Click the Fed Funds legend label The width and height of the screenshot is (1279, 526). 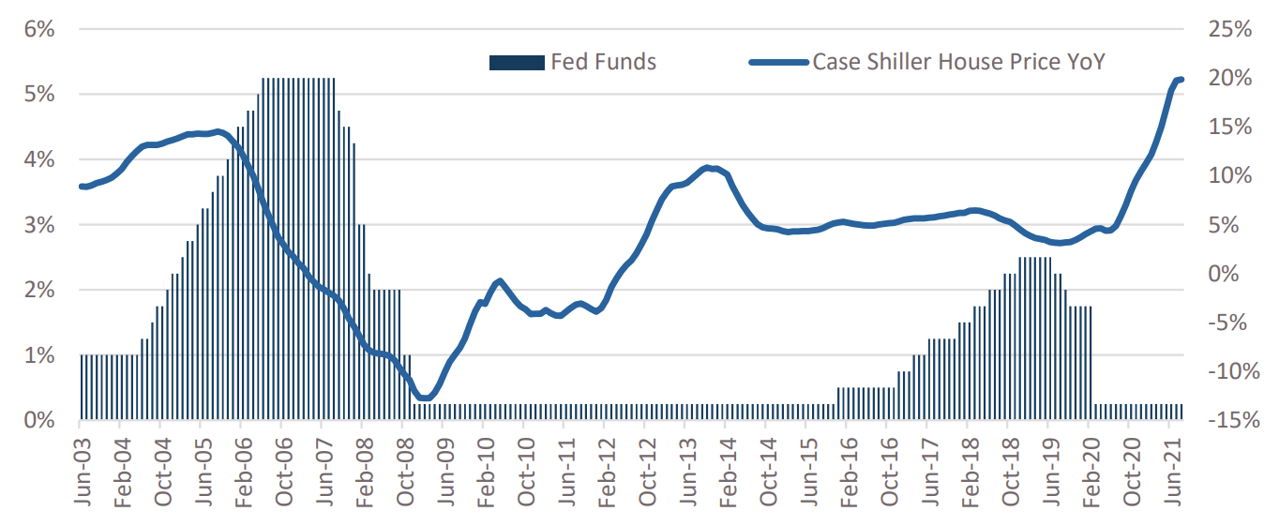click(x=603, y=63)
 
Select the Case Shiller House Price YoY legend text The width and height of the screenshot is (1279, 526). click(x=958, y=63)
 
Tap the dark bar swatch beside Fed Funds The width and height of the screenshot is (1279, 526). click(x=516, y=63)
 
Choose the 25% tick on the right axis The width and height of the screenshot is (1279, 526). click(x=1229, y=29)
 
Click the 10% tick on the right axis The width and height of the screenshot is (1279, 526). click(x=1229, y=176)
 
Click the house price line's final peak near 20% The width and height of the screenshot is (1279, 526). click(x=1180, y=80)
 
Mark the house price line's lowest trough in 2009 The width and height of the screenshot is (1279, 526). click(x=425, y=398)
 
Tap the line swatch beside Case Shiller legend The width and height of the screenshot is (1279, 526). click(x=777, y=63)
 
